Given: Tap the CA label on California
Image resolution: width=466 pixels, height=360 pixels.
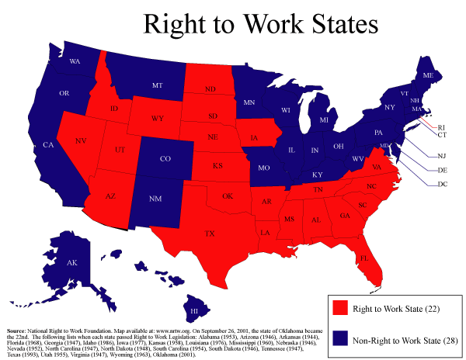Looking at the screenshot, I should click(x=48, y=145).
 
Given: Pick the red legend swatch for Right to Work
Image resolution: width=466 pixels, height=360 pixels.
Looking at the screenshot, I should click(x=339, y=308).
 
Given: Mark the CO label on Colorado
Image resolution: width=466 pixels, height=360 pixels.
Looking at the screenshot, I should click(x=165, y=159).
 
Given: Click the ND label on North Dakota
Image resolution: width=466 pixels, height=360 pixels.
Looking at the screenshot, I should click(x=210, y=89).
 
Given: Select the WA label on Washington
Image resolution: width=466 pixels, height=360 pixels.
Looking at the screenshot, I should click(x=75, y=61).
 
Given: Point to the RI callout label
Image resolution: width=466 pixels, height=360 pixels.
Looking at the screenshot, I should click(x=441, y=126).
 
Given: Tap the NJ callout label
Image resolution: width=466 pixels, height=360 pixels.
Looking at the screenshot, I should click(x=442, y=155).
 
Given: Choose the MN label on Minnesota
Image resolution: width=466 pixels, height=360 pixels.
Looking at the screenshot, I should click(x=250, y=101).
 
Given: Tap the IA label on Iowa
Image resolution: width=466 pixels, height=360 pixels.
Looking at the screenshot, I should click(x=255, y=139).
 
